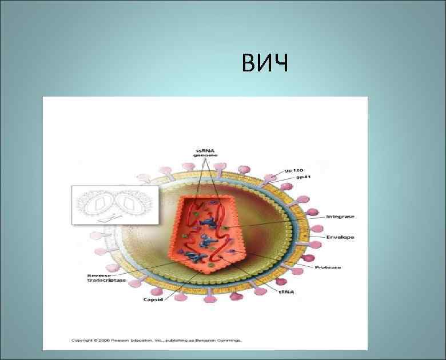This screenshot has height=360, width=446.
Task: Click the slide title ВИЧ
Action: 265,63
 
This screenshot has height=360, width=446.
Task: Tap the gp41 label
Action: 303,178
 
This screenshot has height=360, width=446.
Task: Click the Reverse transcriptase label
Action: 106,277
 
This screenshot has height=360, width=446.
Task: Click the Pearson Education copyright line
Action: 156,340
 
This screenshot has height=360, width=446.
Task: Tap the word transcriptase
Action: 107,280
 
